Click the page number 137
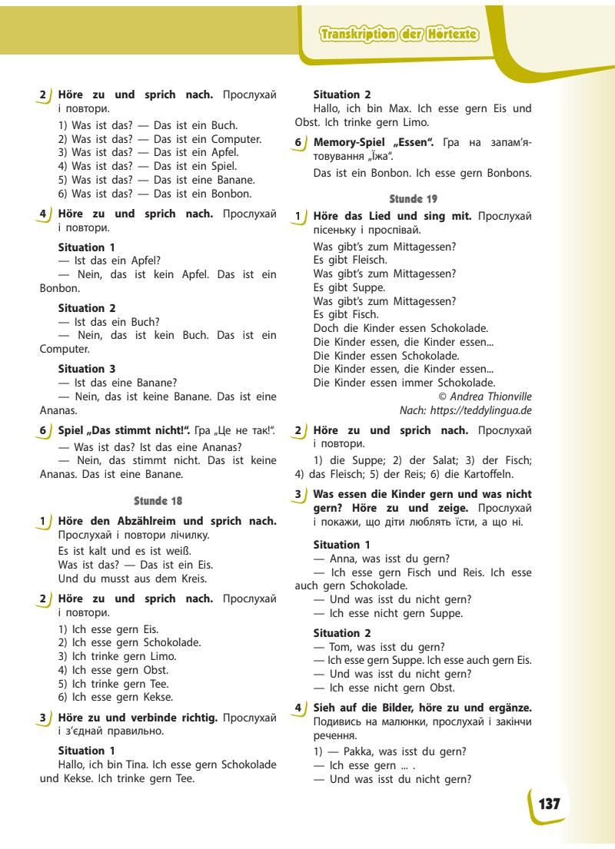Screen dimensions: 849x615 (x=549, y=804)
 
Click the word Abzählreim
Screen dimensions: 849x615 (x=156, y=521)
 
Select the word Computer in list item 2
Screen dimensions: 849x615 (x=235, y=139)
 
